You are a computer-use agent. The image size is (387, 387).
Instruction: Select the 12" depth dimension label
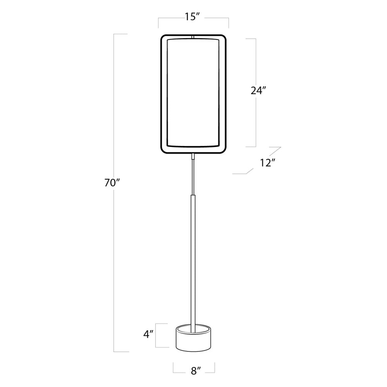267,163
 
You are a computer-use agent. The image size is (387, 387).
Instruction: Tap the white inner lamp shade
193,93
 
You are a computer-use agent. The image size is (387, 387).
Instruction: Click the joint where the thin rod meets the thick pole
193,196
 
